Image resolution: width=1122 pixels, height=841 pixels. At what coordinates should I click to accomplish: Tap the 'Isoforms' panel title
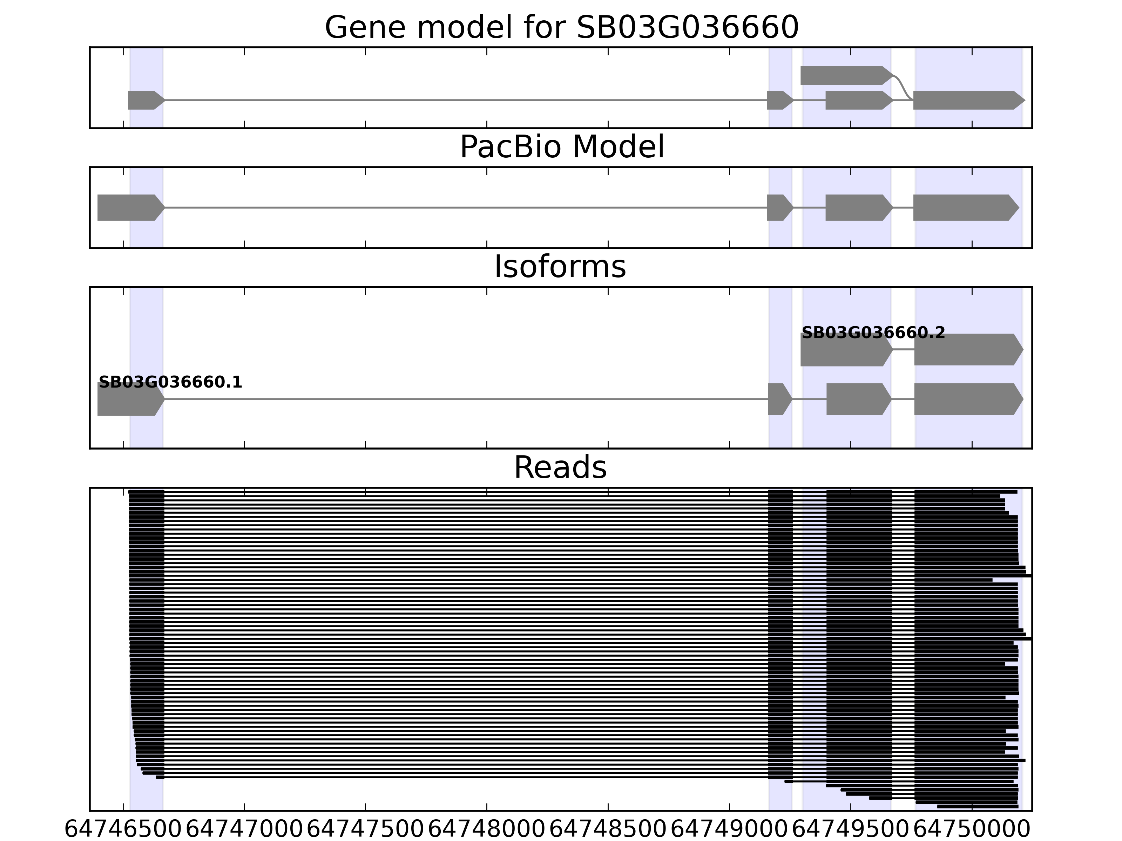click(x=560, y=267)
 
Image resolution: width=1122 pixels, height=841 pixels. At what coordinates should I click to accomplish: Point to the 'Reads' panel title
click(x=560, y=467)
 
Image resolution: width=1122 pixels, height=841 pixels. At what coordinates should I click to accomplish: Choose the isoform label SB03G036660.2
click(x=873, y=333)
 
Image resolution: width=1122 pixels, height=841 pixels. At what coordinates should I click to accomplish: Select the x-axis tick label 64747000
click(x=244, y=829)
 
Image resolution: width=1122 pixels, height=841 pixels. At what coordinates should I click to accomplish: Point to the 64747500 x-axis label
click(x=365, y=829)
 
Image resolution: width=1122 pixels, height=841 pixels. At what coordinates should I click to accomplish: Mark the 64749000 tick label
click(x=729, y=829)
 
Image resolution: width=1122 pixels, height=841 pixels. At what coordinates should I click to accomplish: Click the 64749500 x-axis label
click(x=850, y=829)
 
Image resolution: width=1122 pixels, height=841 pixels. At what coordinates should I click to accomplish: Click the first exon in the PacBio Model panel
click(x=130, y=207)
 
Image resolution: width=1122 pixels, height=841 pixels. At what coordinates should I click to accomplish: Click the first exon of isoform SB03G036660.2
click(x=845, y=350)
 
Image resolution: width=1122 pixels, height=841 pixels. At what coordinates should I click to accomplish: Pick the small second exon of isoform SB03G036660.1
click(x=779, y=399)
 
